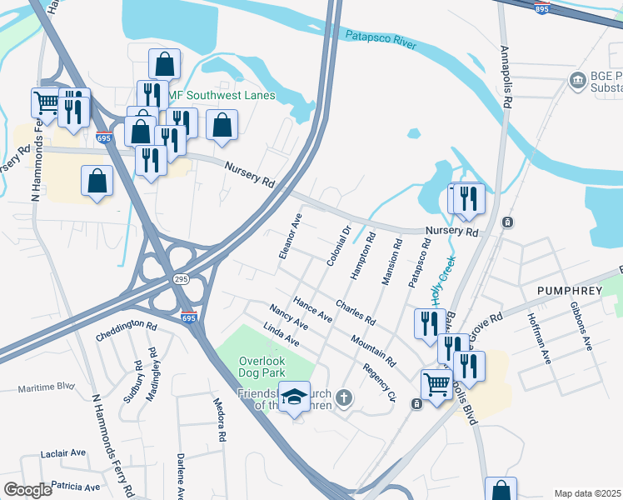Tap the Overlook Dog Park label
[x=262, y=367]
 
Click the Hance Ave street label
[x=312, y=309]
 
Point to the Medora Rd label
[x=222, y=425]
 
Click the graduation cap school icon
[x=294, y=397]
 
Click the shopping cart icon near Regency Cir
[x=436, y=384]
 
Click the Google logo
[x=27, y=490]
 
